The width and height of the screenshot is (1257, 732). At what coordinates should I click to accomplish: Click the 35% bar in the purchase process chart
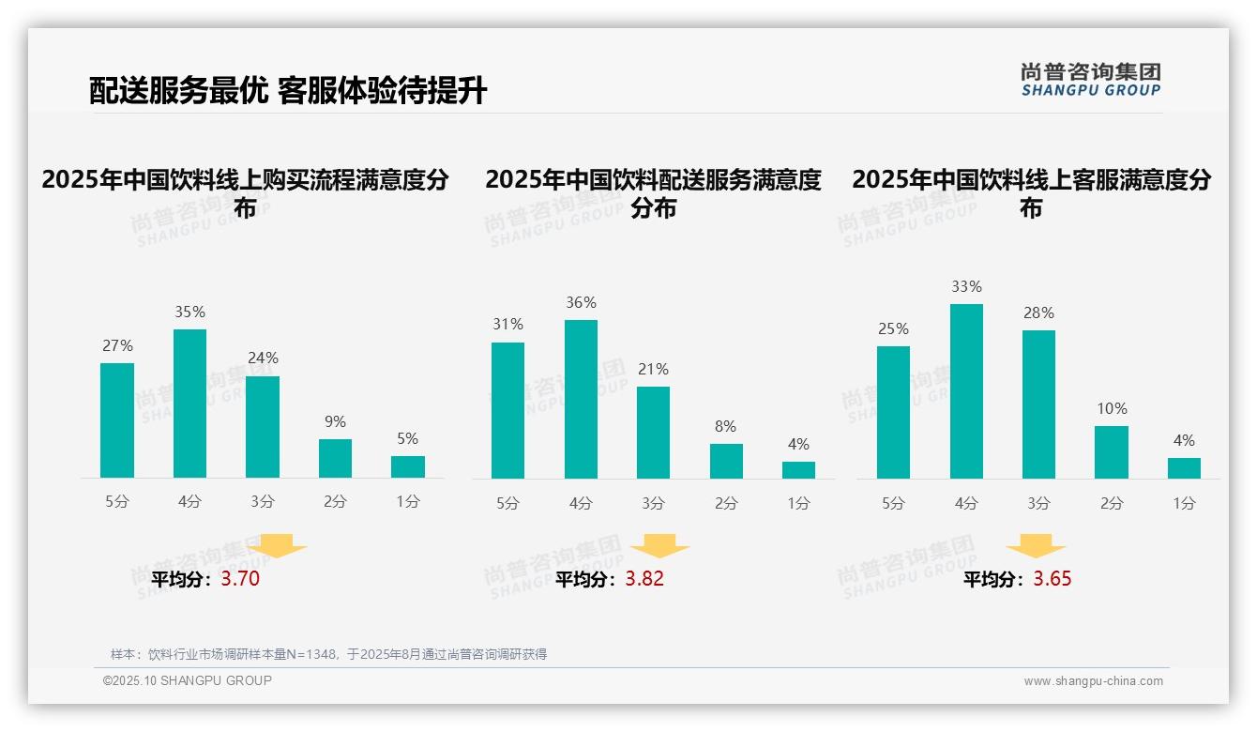click(189, 404)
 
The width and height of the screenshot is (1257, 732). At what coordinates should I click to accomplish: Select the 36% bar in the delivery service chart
click(581, 399)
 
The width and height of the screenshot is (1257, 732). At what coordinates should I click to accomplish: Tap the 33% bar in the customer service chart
click(966, 391)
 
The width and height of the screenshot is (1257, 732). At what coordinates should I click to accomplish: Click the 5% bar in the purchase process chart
click(408, 466)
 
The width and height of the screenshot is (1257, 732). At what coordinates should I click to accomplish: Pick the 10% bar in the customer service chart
click(1112, 452)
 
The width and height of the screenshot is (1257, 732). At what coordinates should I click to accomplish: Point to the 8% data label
click(725, 426)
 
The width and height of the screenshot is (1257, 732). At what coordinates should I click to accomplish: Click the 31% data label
click(507, 324)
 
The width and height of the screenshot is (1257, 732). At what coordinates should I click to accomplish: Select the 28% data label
click(1038, 313)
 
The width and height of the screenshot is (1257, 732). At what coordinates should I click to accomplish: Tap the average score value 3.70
click(240, 579)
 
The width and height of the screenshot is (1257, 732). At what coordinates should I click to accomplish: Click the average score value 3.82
click(644, 579)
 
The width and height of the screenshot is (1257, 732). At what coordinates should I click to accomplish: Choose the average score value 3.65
click(1052, 579)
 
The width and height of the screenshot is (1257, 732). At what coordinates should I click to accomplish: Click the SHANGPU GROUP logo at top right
click(1090, 80)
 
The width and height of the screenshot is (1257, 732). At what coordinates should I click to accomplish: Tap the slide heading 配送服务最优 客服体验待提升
click(288, 91)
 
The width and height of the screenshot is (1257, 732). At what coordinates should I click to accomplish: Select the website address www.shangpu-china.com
click(1093, 681)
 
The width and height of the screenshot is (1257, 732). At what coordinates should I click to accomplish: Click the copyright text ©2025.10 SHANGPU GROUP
click(188, 680)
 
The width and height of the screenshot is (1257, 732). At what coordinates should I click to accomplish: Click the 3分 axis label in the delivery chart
click(653, 503)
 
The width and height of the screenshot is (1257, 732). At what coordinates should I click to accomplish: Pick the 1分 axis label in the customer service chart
click(1184, 503)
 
